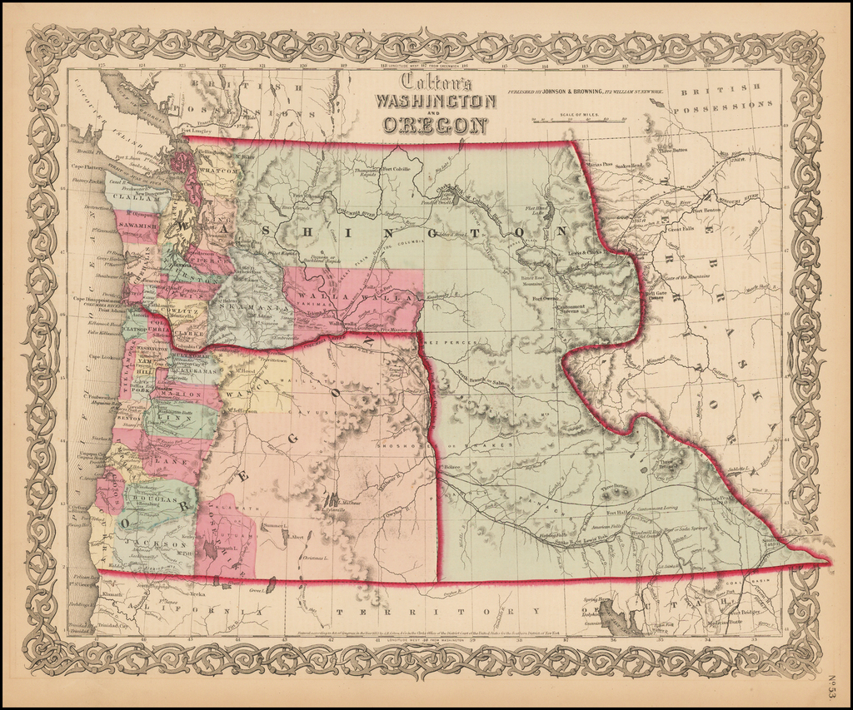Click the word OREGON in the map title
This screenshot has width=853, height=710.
click(435, 125)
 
